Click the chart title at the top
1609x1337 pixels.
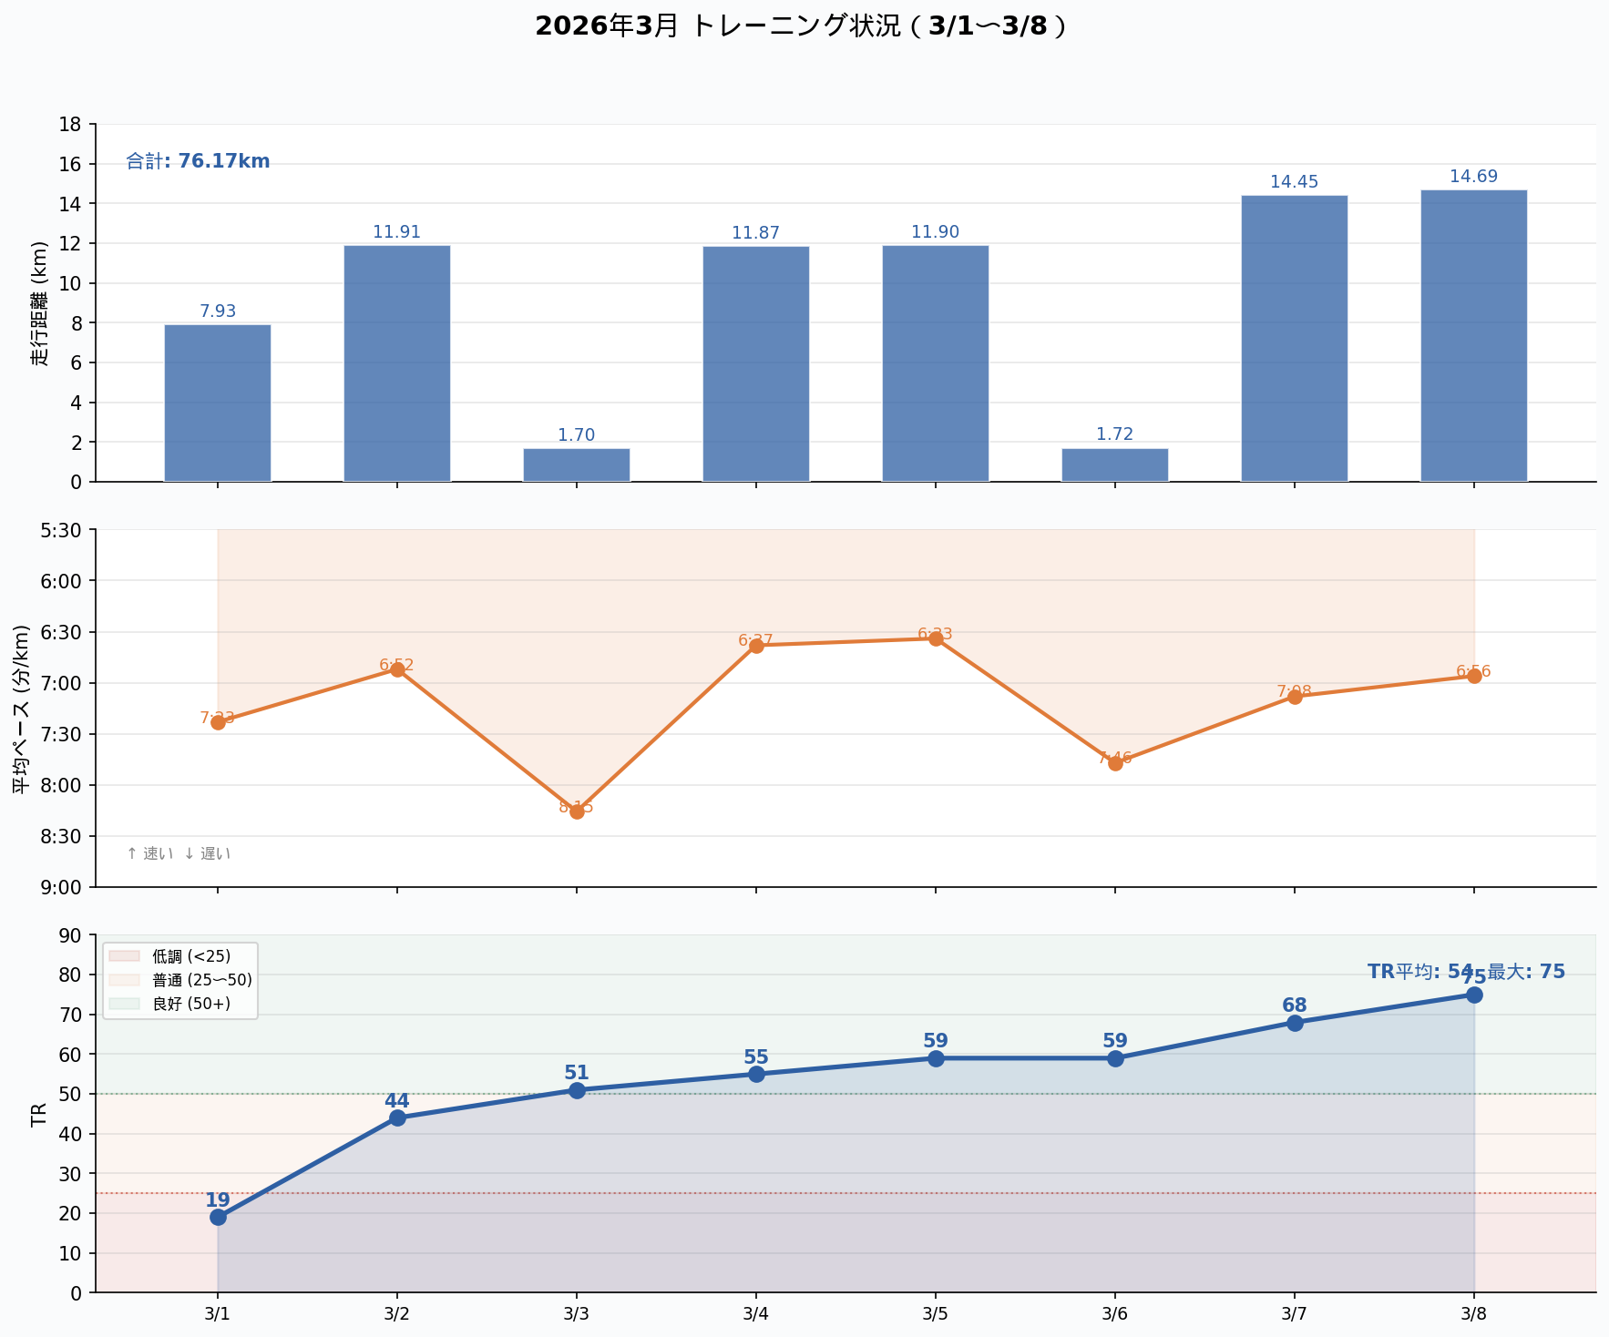click(800, 26)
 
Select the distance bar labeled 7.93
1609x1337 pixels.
click(218, 403)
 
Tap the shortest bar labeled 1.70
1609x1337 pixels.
click(576, 464)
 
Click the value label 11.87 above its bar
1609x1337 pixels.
click(755, 233)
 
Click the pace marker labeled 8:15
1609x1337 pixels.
click(577, 811)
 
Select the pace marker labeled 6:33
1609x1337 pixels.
click(936, 638)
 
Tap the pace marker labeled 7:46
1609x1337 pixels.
click(1115, 763)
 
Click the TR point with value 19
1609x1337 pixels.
click(218, 1217)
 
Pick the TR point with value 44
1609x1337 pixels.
click(397, 1118)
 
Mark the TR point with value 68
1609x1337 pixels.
click(1295, 1023)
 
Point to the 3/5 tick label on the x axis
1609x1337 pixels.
click(936, 1314)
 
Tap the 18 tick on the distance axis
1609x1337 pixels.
click(71, 125)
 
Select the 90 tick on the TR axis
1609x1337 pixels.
click(71, 935)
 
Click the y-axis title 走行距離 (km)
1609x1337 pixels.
click(39, 303)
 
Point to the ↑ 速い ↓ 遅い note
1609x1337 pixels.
click(179, 854)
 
